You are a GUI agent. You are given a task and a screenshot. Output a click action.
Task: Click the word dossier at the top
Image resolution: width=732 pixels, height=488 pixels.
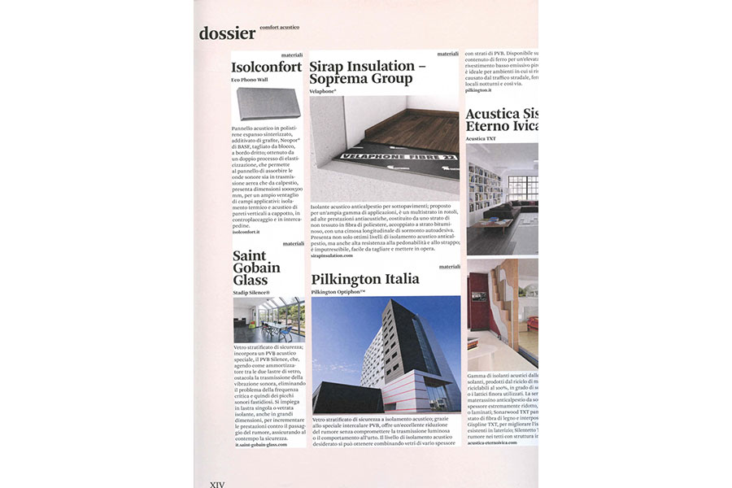[227, 33]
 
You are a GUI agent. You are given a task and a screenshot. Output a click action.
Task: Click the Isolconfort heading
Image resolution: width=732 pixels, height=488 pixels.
[267, 68]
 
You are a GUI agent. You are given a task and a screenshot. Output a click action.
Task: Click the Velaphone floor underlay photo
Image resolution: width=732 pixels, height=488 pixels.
[384, 147]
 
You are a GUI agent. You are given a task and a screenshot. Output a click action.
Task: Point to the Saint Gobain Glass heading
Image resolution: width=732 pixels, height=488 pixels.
[256, 268]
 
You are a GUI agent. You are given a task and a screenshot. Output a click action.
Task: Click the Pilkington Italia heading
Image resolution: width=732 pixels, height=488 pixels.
[365, 279]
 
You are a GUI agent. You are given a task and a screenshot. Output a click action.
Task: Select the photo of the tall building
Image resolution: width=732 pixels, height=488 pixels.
[386, 355]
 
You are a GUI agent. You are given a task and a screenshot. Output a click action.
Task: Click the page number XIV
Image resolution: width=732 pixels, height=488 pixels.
[217, 484]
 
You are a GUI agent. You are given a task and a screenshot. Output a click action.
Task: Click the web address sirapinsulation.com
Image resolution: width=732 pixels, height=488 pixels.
[332, 255]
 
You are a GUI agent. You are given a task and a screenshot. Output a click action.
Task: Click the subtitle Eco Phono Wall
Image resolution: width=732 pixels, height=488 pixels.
[250, 81]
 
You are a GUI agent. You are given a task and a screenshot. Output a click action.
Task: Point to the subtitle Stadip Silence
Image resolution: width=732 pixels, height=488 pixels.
[252, 291]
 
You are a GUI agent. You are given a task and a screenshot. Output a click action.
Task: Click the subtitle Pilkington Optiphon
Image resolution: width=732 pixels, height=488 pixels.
[338, 291]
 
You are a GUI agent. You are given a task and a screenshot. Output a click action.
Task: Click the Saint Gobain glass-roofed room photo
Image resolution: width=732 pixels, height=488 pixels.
[269, 320]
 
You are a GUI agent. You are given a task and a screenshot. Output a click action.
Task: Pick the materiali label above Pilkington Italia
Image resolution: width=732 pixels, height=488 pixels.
[449, 267]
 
